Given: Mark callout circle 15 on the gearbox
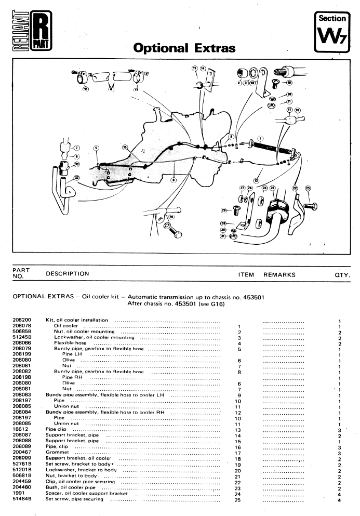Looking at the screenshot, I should click(125, 148).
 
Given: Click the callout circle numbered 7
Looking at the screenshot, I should click(75, 148).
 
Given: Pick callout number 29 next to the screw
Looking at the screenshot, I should click(224, 210).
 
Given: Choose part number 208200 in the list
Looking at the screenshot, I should click(22, 320).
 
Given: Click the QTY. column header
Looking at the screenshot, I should click(342, 274).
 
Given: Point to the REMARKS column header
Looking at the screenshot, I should click(279, 274).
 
